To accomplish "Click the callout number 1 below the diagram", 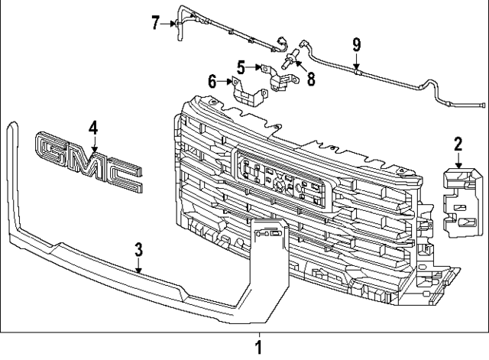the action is tap(258, 347).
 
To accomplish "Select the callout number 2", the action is tap(458, 144).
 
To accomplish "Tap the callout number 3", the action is tap(138, 250).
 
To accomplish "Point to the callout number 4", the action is tap(93, 128).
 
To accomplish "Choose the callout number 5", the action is tap(241, 67).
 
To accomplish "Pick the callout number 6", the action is tap(212, 82).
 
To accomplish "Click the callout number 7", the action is tap(157, 23).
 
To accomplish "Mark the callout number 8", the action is tap(311, 79).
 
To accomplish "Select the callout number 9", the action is tap(357, 44).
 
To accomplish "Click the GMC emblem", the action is tap(89, 161).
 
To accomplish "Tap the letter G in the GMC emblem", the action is tap(52, 149).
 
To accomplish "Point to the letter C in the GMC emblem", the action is tap(125, 177).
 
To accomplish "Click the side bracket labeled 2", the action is tap(460, 203).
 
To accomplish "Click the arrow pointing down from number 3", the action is tap(139, 265).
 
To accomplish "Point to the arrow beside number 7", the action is tap(169, 24).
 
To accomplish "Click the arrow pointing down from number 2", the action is tap(458, 161).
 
